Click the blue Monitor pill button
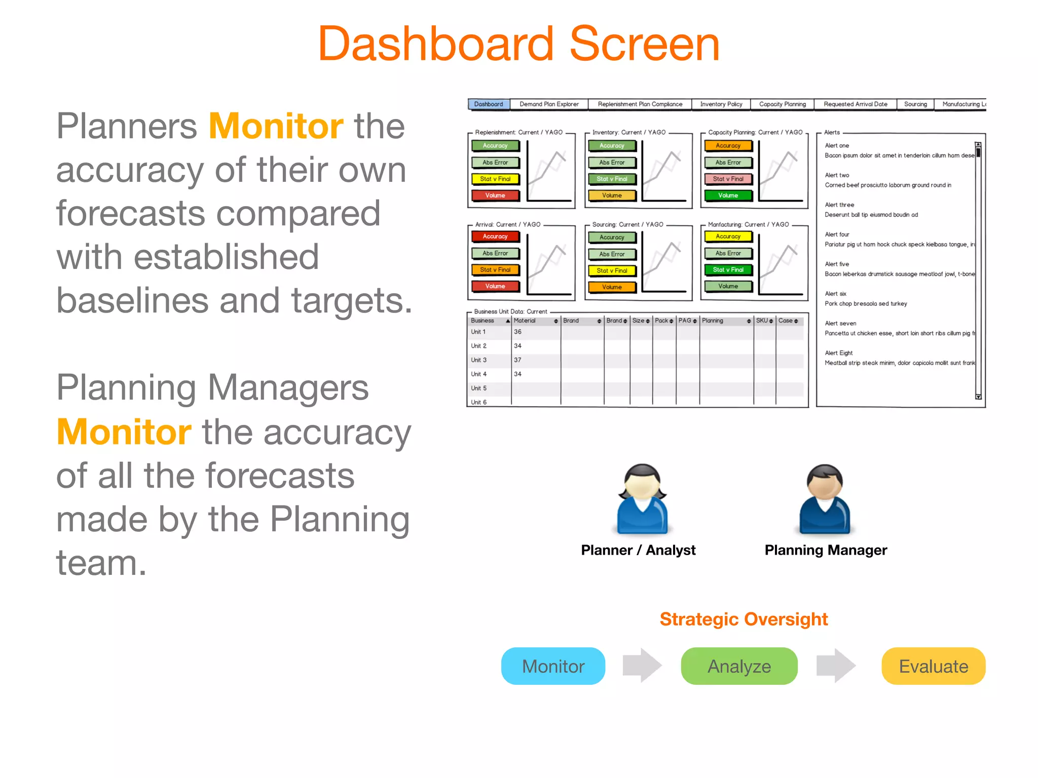(553, 666)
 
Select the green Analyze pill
(739, 666)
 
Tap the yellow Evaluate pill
(933, 666)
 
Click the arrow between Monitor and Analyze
(642, 666)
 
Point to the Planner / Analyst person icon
(642, 499)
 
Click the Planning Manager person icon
(825, 499)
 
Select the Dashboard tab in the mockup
(489, 104)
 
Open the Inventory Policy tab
(721, 104)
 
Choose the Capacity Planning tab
(782, 104)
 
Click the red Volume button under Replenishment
(495, 196)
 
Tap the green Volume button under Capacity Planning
(728, 196)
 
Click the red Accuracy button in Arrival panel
(495, 237)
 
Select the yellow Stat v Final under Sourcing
(612, 270)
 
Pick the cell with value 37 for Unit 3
(517, 360)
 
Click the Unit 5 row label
(478, 388)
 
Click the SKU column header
(762, 321)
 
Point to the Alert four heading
(837, 235)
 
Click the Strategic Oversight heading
(744, 619)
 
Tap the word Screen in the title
(644, 45)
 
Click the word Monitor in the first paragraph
(276, 126)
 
